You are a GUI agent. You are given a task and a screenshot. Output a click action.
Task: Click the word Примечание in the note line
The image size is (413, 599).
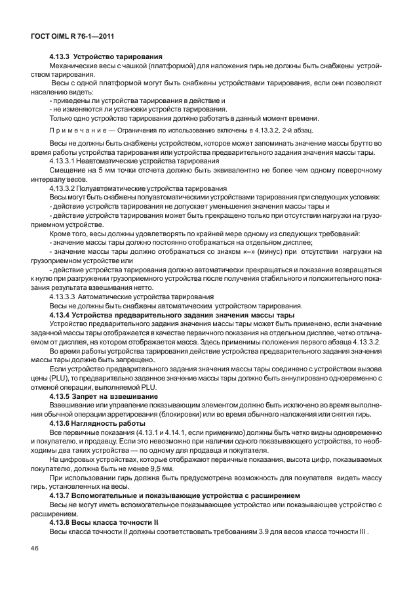(74, 131)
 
